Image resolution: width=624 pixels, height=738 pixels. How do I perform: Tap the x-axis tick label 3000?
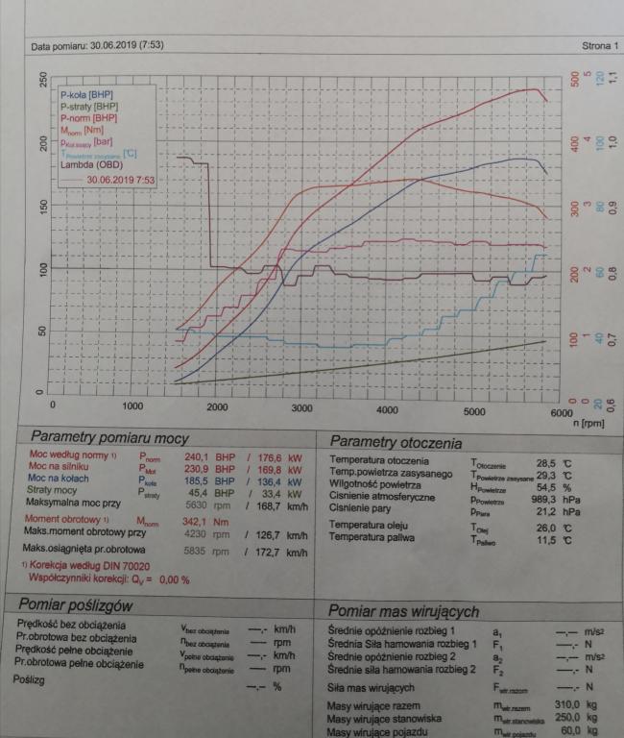click(x=301, y=409)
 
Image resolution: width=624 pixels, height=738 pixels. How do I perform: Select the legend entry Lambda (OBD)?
click(x=92, y=164)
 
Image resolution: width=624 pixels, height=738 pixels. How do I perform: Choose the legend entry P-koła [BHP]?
click(x=88, y=95)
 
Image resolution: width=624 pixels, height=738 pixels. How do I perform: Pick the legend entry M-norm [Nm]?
click(x=82, y=130)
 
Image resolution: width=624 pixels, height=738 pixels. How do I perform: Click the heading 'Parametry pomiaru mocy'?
click(x=109, y=438)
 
